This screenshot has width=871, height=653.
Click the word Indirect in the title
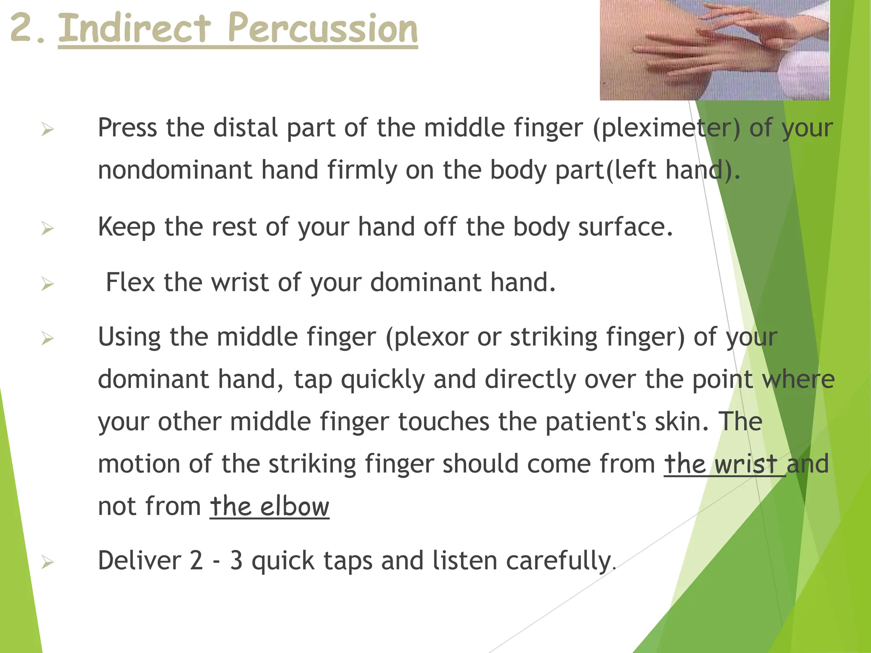point(134,29)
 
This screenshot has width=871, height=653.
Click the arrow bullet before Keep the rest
point(47,229)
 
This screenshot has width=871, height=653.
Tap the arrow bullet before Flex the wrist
point(47,284)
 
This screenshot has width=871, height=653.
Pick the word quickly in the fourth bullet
point(383,380)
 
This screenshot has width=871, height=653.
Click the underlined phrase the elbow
point(270,506)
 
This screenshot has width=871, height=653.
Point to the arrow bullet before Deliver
point(47,563)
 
